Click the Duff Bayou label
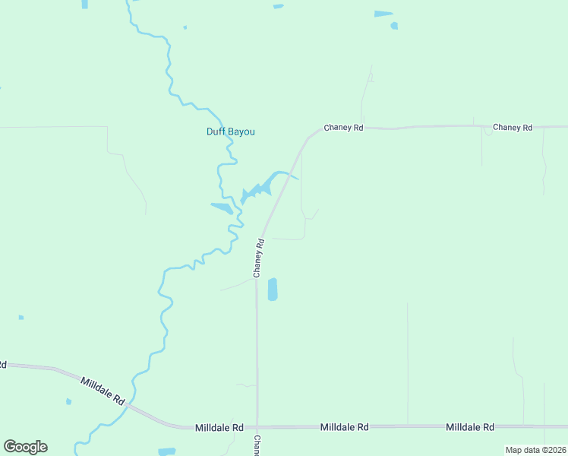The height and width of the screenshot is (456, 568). click(x=231, y=131)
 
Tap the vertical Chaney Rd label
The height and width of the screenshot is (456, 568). click(x=259, y=258)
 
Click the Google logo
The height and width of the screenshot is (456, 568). click(x=25, y=447)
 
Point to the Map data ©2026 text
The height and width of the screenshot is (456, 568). click(x=535, y=450)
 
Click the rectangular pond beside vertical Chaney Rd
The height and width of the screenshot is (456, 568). click(x=273, y=289)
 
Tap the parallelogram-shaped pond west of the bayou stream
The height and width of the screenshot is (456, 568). click(x=222, y=207)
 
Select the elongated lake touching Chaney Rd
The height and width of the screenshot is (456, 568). click(x=262, y=185)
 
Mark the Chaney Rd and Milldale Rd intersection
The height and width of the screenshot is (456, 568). click(x=257, y=426)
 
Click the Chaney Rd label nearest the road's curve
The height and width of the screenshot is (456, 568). click(x=343, y=128)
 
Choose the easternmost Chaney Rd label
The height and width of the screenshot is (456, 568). click(x=512, y=127)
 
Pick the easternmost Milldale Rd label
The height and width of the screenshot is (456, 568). click(x=470, y=427)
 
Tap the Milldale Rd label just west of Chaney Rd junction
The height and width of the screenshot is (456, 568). click(x=219, y=428)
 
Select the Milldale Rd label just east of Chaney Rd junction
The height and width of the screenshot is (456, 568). click(x=344, y=427)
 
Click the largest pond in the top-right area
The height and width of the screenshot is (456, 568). click(x=383, y=14)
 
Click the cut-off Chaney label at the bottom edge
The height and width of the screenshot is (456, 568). click(x=257, y=445)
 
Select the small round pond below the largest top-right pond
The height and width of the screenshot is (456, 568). click(x=394, y=26)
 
